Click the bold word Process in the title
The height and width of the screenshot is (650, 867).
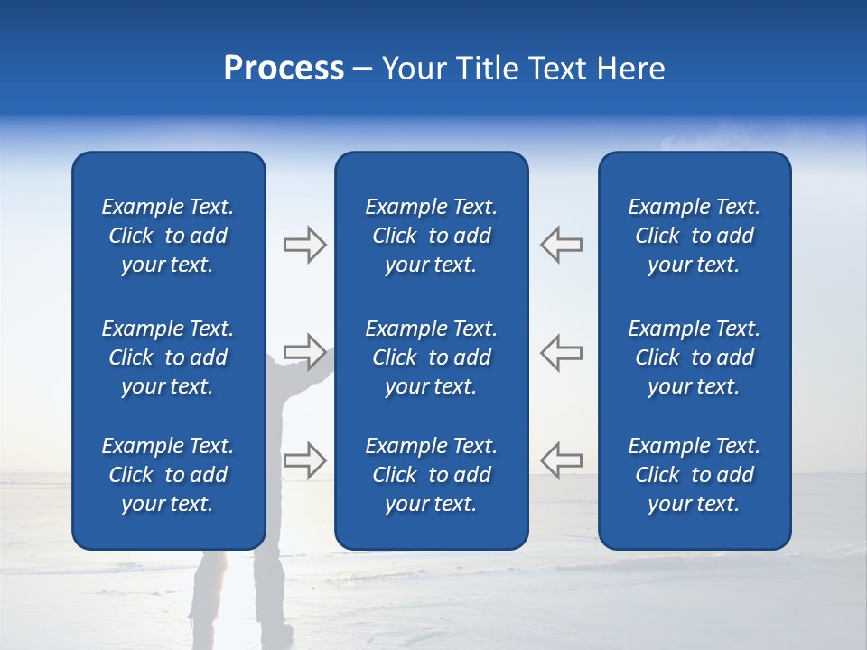[284, 69]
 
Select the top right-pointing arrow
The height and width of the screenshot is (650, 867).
[304, 245]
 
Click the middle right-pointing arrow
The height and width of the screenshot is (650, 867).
[304, 352]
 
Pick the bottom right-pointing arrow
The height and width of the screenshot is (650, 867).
[304, 460]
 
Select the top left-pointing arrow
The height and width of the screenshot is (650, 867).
[561, 245]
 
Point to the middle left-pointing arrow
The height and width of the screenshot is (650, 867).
[561, 352]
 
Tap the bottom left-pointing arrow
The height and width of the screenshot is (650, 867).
[561, 460]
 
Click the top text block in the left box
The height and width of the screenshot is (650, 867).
[168, 236]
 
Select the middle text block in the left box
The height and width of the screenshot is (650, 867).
[168, 357]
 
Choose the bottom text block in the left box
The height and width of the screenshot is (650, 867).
[168, 475]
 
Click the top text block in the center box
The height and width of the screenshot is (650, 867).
[431, 236]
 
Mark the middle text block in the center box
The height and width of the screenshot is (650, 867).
[431, 357]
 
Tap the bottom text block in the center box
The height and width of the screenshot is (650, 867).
[431, 475]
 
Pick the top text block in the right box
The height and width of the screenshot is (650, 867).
[694, 236]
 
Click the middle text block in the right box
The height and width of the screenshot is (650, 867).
[694, 357]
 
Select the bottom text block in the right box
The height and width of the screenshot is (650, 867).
[694, 475]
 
